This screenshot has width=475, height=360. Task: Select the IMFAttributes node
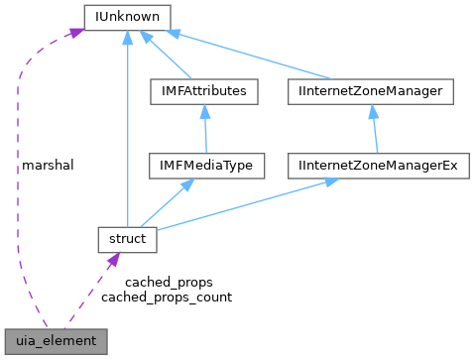pos(203,91)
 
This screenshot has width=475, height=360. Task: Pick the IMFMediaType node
pos(203,165)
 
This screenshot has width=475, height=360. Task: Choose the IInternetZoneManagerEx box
pos(378,165)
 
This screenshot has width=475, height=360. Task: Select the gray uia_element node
pos(55,340)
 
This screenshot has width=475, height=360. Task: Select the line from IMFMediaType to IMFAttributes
pos(203,129)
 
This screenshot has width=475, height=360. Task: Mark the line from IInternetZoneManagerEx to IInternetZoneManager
pos(375,129)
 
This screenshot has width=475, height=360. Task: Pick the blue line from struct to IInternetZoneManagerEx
pos(248,204)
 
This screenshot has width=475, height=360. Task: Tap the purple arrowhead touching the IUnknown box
pos(73,34)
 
